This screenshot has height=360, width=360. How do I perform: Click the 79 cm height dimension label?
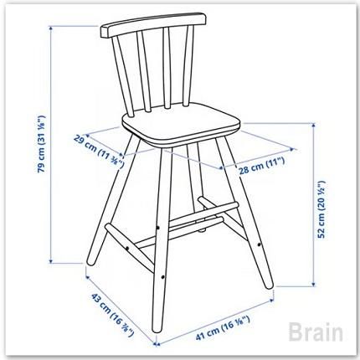[42, 144]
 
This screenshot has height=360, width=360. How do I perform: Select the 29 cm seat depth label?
[99, 151]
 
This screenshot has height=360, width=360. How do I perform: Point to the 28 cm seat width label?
[261, 166]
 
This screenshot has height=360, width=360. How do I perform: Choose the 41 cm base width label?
[223, 328]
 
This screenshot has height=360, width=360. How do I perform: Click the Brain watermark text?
[316, 332]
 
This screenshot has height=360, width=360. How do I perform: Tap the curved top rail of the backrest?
[154, 24]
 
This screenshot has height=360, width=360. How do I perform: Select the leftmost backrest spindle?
[123, 76]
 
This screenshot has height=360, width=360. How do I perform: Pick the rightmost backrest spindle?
[188, 65]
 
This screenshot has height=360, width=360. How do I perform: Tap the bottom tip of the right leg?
[270, 287]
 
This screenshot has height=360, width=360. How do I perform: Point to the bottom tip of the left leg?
[90, 264]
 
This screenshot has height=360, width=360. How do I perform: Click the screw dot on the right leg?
[259, 244]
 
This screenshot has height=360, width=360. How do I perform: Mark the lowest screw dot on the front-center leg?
[162, 277]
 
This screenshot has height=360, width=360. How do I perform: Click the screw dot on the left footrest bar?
[127, 248]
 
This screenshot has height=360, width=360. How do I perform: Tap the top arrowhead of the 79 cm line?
[51, 28]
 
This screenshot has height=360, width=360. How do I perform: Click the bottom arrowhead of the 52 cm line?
[314, 285]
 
